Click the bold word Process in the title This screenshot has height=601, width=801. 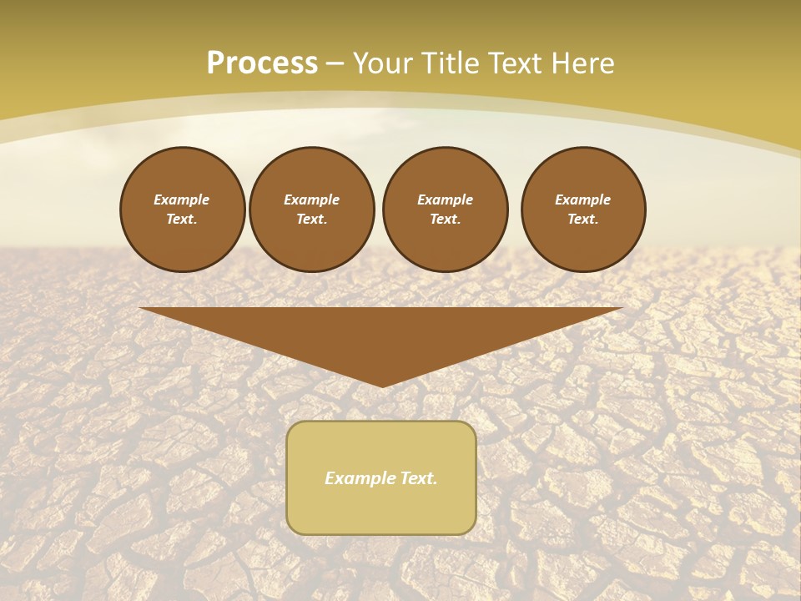point(262,63)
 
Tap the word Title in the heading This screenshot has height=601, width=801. point(447,63)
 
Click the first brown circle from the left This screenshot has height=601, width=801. point(182,210)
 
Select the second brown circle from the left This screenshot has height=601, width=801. point(311,210)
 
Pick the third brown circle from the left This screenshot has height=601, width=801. point(445,210)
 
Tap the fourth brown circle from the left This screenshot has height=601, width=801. point(583,210)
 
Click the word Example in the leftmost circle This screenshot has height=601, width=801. point(182,199)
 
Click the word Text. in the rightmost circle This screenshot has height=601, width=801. point(583,220)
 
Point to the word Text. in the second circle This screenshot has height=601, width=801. point(311,220)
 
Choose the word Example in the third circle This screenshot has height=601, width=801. point(445,199)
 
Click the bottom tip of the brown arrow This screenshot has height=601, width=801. point(382,386)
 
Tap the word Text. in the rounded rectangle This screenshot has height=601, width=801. point(417,478)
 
